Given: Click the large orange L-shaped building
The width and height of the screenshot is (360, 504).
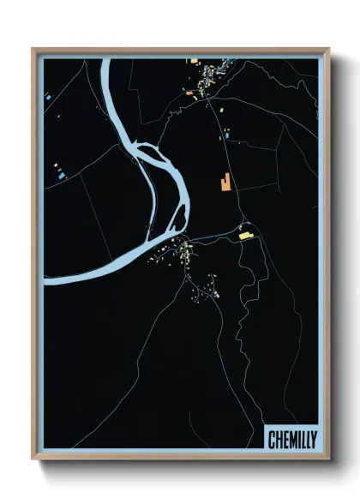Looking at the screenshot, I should pyautogui.click(x=225, y=182).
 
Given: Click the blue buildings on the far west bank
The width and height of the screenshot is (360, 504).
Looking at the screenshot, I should pyautogui.click(x=61, y=174).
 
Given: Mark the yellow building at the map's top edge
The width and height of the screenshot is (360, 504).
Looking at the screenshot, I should pyautogui.click(x=195, y=62).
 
